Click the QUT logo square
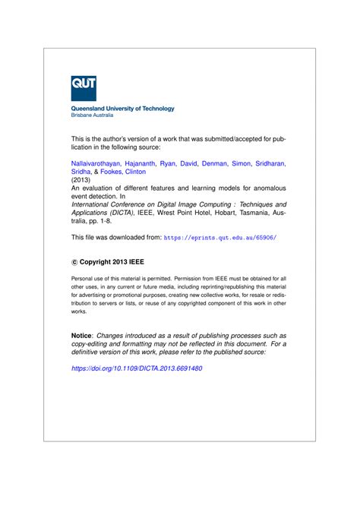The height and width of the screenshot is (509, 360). (x=84, y=87)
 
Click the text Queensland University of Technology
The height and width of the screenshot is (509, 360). (x=122, y=109)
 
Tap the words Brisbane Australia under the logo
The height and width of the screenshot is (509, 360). (x=92, y=116)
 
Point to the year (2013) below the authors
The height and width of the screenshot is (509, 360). (x=81, y=181)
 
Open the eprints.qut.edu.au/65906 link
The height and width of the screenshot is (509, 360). (x=220, y=238)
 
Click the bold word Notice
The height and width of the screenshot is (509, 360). (x=81, y=335)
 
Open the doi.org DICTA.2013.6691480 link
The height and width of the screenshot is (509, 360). (x=137, y=368)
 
